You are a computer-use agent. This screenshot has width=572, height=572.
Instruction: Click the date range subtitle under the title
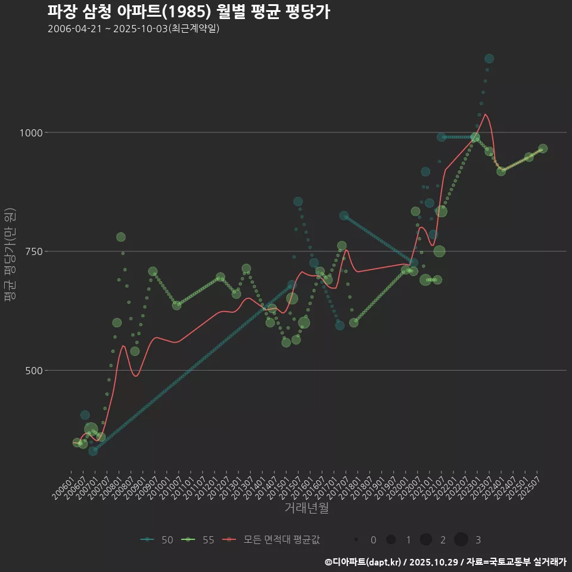133,29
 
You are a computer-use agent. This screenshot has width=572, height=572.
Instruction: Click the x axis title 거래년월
306,508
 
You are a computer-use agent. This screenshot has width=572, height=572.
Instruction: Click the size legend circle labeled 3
461,540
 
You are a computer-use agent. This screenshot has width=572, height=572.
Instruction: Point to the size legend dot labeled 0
356,540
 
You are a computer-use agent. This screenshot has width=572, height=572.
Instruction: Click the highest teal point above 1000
489,58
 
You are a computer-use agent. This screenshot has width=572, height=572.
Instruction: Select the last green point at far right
543,149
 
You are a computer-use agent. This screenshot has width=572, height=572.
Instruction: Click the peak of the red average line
486,114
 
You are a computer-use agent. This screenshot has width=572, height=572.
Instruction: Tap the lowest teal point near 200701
93,451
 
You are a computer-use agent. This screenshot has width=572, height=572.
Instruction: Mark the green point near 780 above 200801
121,237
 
